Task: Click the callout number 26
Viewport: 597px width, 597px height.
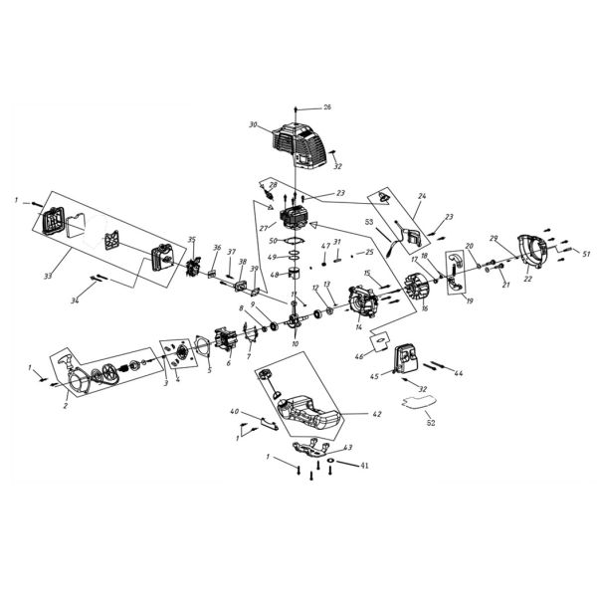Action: [x=327, y=106]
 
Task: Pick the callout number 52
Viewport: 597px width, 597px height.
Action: [x=430, y=423]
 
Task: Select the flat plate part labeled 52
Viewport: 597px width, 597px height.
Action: [x=417, y=403]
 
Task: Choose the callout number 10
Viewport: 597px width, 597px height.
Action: [x=296, y=343]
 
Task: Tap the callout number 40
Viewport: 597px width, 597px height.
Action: [x=235, y=412]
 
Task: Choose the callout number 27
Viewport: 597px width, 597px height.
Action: [x=264, y=229]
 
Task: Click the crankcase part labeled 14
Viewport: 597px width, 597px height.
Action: [x=362, y=303]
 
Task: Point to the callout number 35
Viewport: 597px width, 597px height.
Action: [x=191, y=240]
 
